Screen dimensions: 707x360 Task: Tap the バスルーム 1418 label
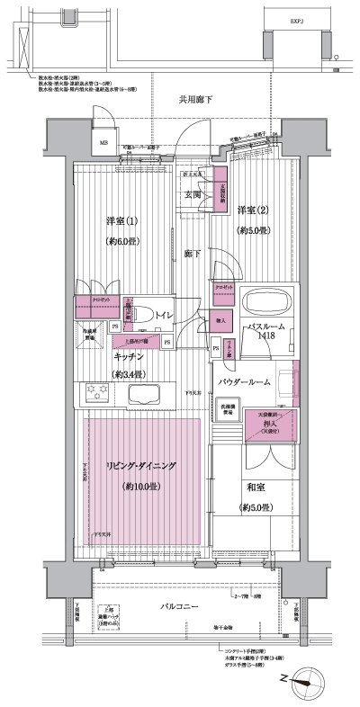pyautogui.click(x=267, y=331)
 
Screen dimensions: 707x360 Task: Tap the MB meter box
pyautogui.click(x=103, y=141)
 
